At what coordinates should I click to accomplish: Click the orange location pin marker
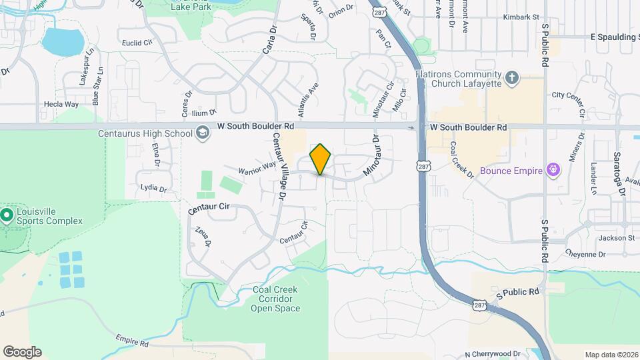click(x=320, y=159)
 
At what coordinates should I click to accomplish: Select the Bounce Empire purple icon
click(x=553, y=171)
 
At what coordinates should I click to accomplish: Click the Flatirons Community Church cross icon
click(x=511, y=79)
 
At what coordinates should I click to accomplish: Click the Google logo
click(x=22, y=352)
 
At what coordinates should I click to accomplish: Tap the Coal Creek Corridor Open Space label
click(x=276, y=299)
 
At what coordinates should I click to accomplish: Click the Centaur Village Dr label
click(x=279, y=166)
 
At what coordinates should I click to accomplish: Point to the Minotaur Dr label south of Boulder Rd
click(x=371, y=157)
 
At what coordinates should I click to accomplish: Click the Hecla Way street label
click(x=61, y=105)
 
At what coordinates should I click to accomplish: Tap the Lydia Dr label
click(x=153, y=188)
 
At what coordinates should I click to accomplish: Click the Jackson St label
click(x=616, y=238)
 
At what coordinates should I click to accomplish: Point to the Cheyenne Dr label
click(x=585, y=254)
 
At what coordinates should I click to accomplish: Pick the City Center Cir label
click(x=567, y=95)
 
